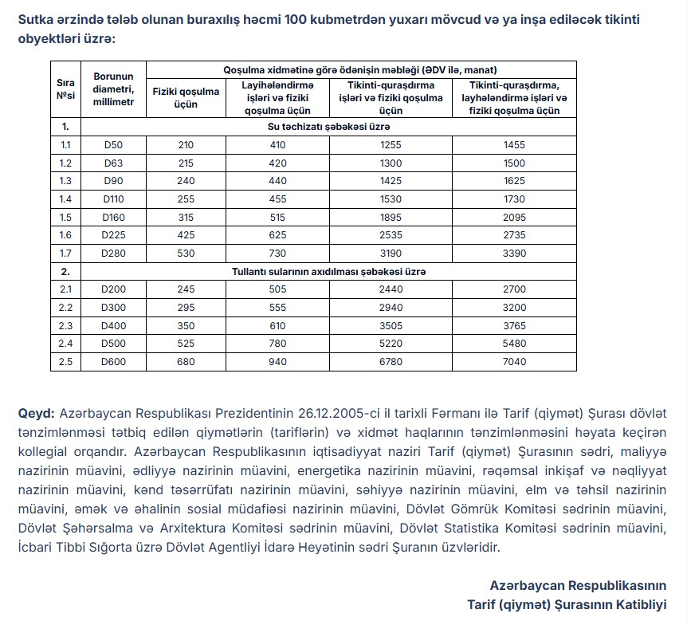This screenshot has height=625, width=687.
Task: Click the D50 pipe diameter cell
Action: (x=113, y=144)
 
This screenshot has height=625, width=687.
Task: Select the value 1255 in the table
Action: (x=391, y=144)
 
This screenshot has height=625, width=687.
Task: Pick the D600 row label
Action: (x=113, y=361)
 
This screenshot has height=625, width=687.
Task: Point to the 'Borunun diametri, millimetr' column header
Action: (x=113, y=89)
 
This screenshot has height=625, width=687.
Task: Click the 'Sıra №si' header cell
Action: (x=65, y=89)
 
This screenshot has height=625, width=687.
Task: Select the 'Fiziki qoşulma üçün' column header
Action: (x=186, y=97)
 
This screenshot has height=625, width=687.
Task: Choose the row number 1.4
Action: (x=65, y=199)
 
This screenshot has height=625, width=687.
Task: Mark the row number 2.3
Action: (x=65, y=325)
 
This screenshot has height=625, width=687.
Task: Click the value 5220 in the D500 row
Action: (x=391, y=344)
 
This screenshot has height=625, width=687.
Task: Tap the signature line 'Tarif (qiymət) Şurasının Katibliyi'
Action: (x=567, y=603)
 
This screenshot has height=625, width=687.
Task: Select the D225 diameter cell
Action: (x=113, y=234)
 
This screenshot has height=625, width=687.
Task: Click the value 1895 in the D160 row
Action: (x=391, y=217)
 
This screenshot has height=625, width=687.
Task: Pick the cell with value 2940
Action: (x=391, y=307)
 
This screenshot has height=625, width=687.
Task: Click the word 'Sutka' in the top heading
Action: (x=37, y=18)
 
